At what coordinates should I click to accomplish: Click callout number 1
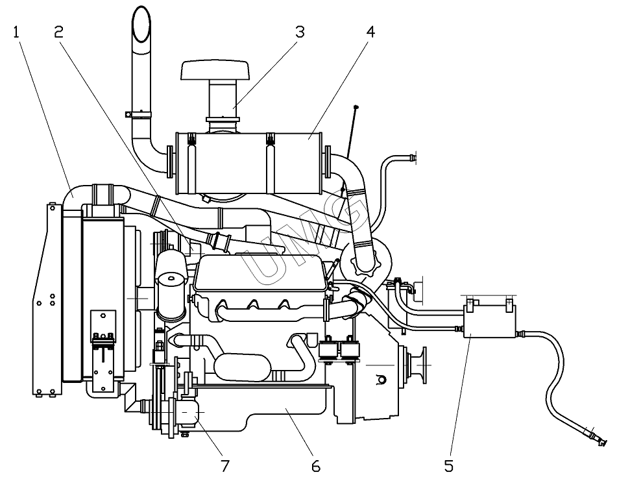click(x=16, y=32)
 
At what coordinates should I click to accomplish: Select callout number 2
click(x=58, y=32)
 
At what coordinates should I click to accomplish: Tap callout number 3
click(x=300, y=32)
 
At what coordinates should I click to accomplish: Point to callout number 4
click(x=370, y=32)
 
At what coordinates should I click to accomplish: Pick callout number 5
click(x=449, y=466)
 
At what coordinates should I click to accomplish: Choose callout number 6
click(x=316, y=466)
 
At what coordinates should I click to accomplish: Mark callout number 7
click(x=224, y=466)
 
